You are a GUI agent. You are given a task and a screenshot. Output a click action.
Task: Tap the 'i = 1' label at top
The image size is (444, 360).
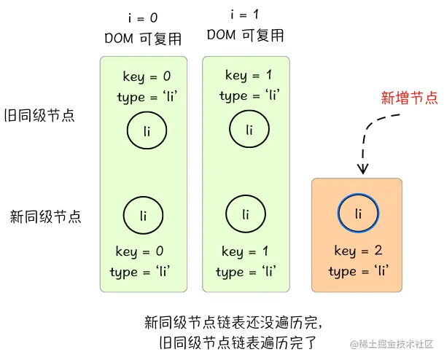(x=245, y=15)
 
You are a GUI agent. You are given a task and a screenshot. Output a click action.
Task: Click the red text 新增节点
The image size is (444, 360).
(x=410, y=97)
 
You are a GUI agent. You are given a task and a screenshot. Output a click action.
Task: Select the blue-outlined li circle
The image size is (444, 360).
(x=358, y=213)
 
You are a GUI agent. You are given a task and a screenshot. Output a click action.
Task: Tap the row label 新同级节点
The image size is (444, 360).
(x=44, y=216)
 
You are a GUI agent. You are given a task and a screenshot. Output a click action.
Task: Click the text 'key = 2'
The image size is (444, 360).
(x=358, y=251)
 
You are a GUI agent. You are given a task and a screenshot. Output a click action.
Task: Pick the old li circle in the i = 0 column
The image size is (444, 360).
(x=147, y=131)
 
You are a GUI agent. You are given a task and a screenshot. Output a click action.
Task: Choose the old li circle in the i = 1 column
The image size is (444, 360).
(x=249, y=130)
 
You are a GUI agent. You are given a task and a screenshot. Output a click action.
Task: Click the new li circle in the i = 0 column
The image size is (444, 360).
(x=143, y=214)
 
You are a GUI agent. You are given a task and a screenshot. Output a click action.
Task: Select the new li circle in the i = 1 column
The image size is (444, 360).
(x=246, y=214)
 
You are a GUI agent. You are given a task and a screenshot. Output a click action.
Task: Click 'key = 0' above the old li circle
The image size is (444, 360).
(x=147, y=77)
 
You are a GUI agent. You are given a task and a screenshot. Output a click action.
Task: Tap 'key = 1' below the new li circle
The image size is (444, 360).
(x=246, y=251)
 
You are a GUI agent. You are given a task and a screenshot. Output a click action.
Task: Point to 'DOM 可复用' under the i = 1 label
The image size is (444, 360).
(x=245, y=35)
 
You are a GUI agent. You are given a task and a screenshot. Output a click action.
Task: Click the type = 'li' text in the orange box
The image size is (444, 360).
(x=358, y=271)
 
